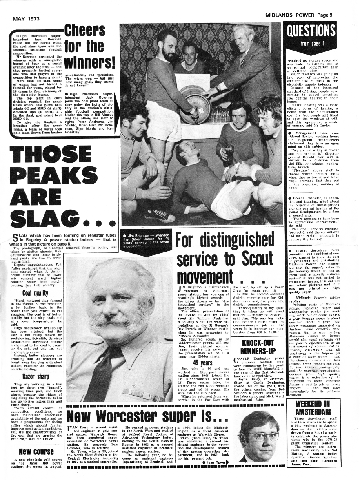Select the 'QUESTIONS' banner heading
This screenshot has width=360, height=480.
[x=311, y=31]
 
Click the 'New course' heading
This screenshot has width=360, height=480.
[x=36, y=451]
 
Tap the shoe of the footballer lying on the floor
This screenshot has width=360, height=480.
[x=159, y=215]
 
